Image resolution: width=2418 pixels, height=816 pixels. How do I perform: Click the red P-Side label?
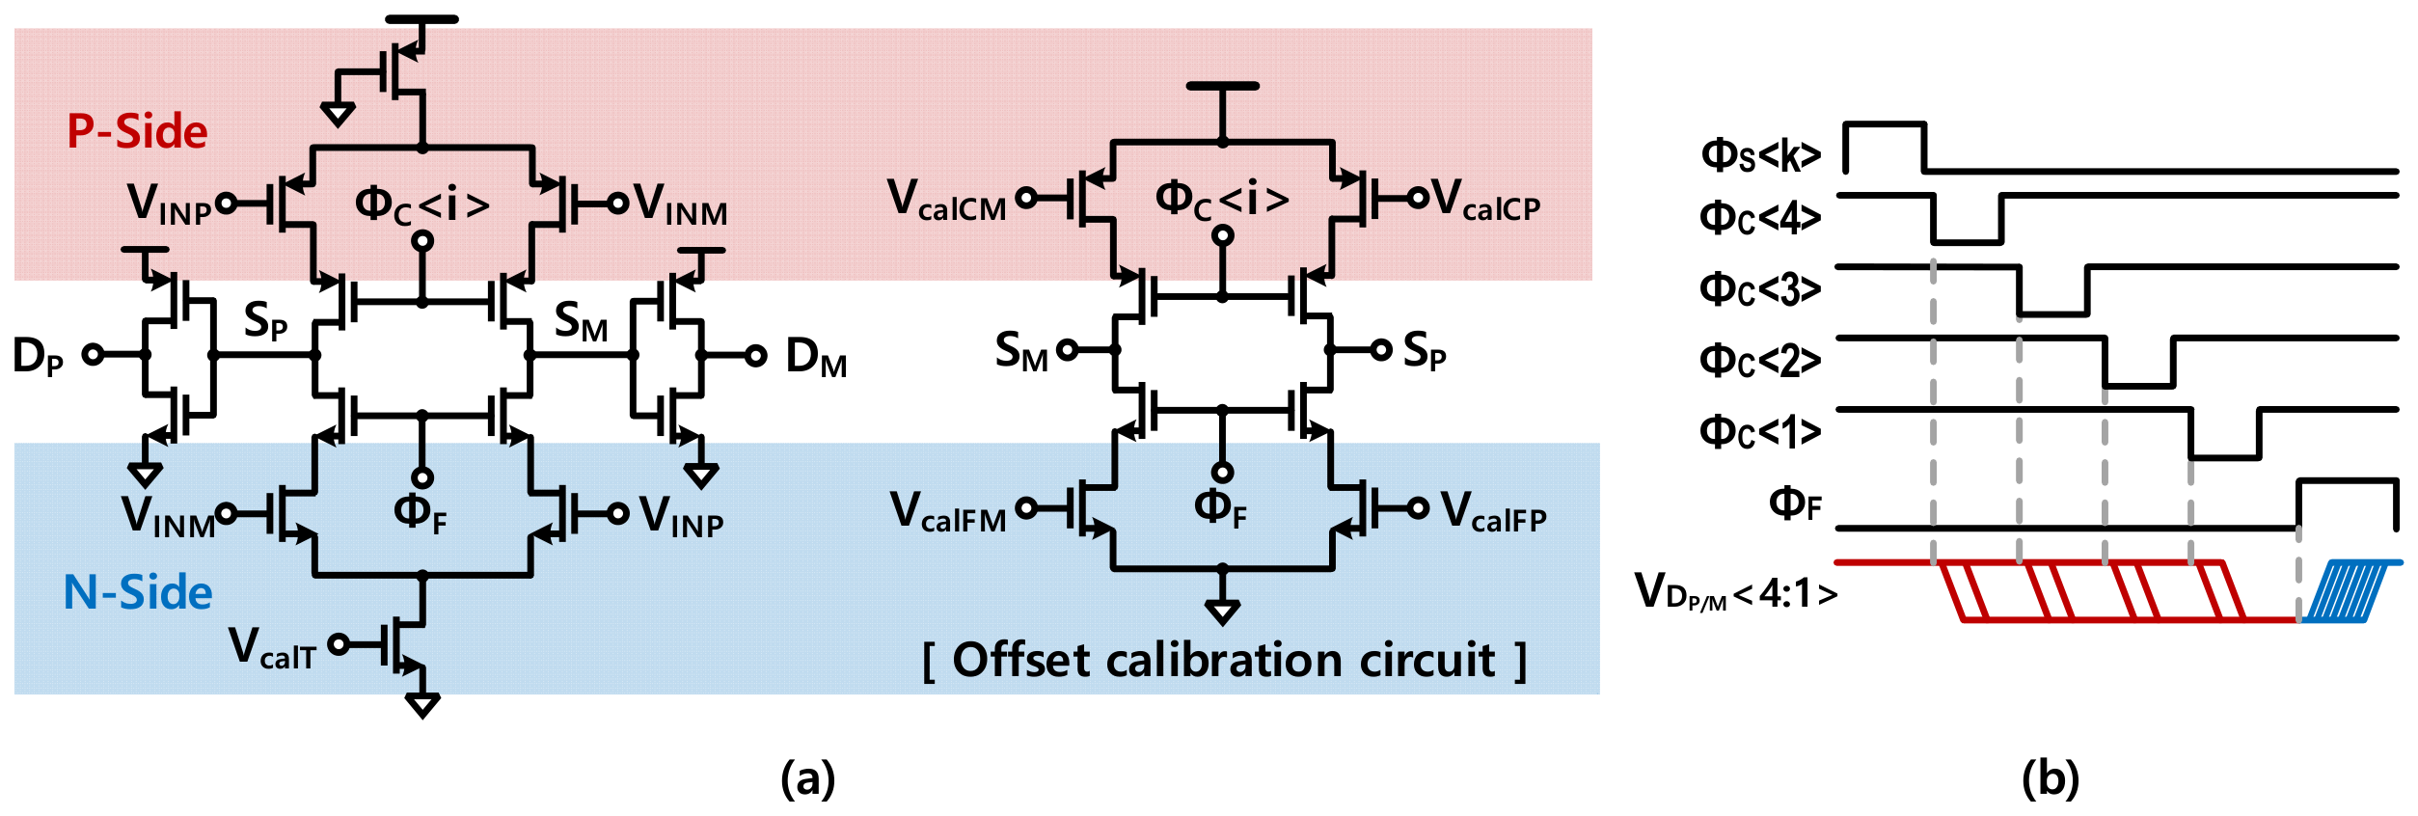pyautogui.click(x=137, y=131)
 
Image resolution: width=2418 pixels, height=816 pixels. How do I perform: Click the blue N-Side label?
pyautogui.click(x=138, y=592)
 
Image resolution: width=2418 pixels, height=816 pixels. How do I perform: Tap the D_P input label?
pyautogui.click(x=38, y=356)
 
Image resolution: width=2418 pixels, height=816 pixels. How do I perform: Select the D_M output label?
pyautogui.click(x=816, y=357)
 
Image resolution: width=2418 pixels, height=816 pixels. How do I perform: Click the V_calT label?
pyautogui.click(x=273, y=647)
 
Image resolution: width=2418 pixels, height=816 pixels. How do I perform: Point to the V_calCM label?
pyautogui.click(x=947, y=200)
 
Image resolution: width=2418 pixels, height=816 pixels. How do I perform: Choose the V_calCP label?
pyautogui.click(x=1486, y=200)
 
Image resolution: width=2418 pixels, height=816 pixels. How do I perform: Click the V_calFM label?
pyautogui.click(x=948, y=511)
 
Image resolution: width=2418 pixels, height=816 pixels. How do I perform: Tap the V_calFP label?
pyautogui.click(x=1493, y=511)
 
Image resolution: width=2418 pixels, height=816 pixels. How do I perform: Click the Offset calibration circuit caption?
pyautogui.click(x=1225, y=661)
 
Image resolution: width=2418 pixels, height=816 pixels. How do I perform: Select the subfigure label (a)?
pyautogui.click(x=808, y=777)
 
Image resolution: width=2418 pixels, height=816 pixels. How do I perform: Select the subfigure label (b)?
pyautogui.click(x=2051, y=777)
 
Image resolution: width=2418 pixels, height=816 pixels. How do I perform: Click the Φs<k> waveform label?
pyautogui.click(x=1761, y=154)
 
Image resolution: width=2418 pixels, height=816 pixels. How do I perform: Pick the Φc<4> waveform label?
pyautogui.click(x=1760, y=217)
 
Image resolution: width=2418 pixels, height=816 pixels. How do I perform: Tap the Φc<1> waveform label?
pyautogui.click(x=1760, y=431)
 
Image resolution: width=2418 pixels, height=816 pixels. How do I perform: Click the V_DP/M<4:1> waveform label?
pyautogui.click(x=1736, y=591)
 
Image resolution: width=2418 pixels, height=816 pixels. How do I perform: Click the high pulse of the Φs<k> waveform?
pyautogui.click(x=1885, y=124)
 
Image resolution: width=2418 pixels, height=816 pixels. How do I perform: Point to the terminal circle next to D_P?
pyautogui.click(x=93, y=355)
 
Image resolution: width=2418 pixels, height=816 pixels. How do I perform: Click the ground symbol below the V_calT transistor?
pyautogui.click(x=422, y=706)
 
